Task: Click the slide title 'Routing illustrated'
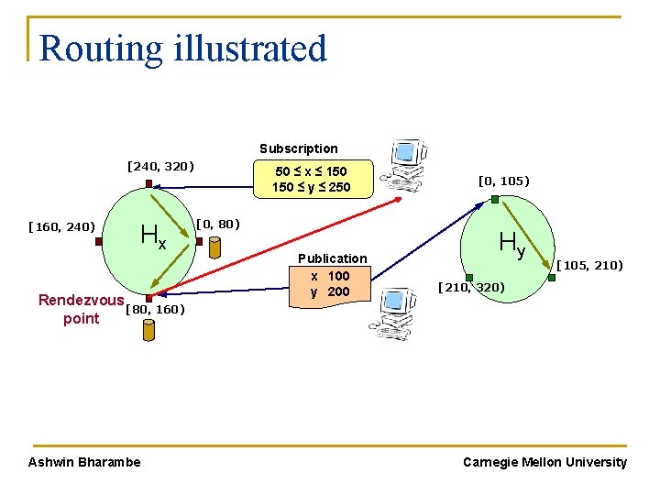coord(183,49)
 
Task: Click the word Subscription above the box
coord(298,148)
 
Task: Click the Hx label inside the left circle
coord(153,237)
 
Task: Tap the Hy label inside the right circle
coord(511,244)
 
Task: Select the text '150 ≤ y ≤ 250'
coord(311,188)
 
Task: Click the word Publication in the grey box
coord(332,258)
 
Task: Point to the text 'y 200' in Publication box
coord(330,291)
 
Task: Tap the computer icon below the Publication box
coord(393,313)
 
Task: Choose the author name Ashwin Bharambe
coord(85,462)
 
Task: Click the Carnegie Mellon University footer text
coord(544,462)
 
